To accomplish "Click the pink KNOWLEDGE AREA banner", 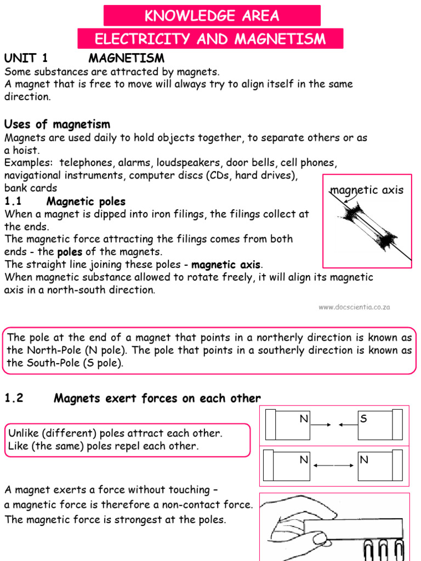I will [x=212, y=16].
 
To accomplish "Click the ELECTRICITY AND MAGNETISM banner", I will [x=210, y=39].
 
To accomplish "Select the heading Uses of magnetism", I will [x=57, y=124].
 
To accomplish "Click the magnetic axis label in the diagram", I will [x=367, y=190].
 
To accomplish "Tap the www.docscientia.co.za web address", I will [x=354, y=307].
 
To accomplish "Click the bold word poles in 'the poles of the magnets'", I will [x=70, y=252].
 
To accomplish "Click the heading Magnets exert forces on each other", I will [x=157, y=399].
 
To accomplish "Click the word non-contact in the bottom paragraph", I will [x=181, y=505].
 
